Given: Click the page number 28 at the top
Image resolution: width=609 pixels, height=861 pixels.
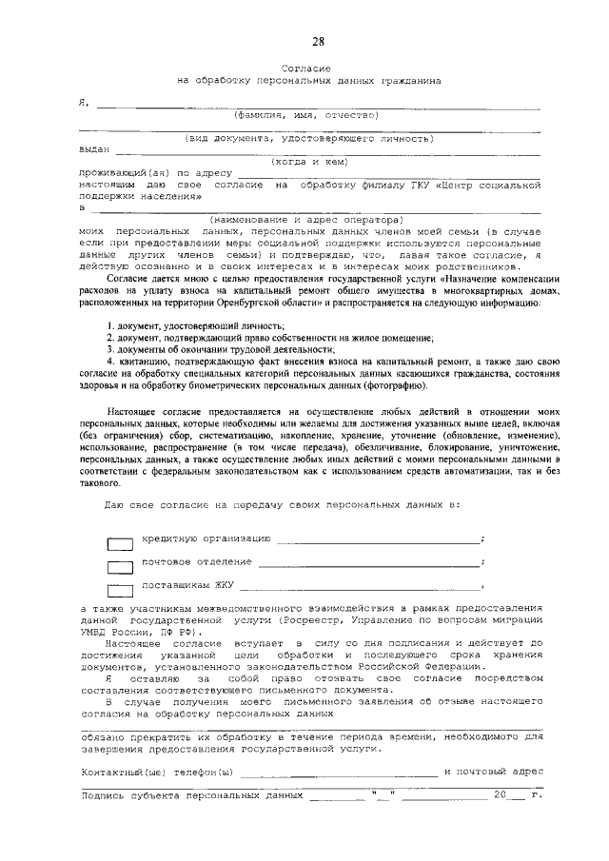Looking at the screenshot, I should [x=318, y=40].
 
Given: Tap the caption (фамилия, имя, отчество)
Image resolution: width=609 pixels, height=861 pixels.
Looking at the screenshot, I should [x=307, y=114].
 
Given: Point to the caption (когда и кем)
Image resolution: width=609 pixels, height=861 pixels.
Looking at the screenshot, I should [x=307, y=162].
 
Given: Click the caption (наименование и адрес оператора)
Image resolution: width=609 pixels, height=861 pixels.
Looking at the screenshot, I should [x=308, y=220].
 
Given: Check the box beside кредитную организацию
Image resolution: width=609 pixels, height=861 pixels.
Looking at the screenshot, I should [x=120, y=545].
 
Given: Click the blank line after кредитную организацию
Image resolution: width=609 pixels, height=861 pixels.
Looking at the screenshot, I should [x=379, y=541].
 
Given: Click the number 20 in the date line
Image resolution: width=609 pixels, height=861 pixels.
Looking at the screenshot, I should [x=501, y=793].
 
